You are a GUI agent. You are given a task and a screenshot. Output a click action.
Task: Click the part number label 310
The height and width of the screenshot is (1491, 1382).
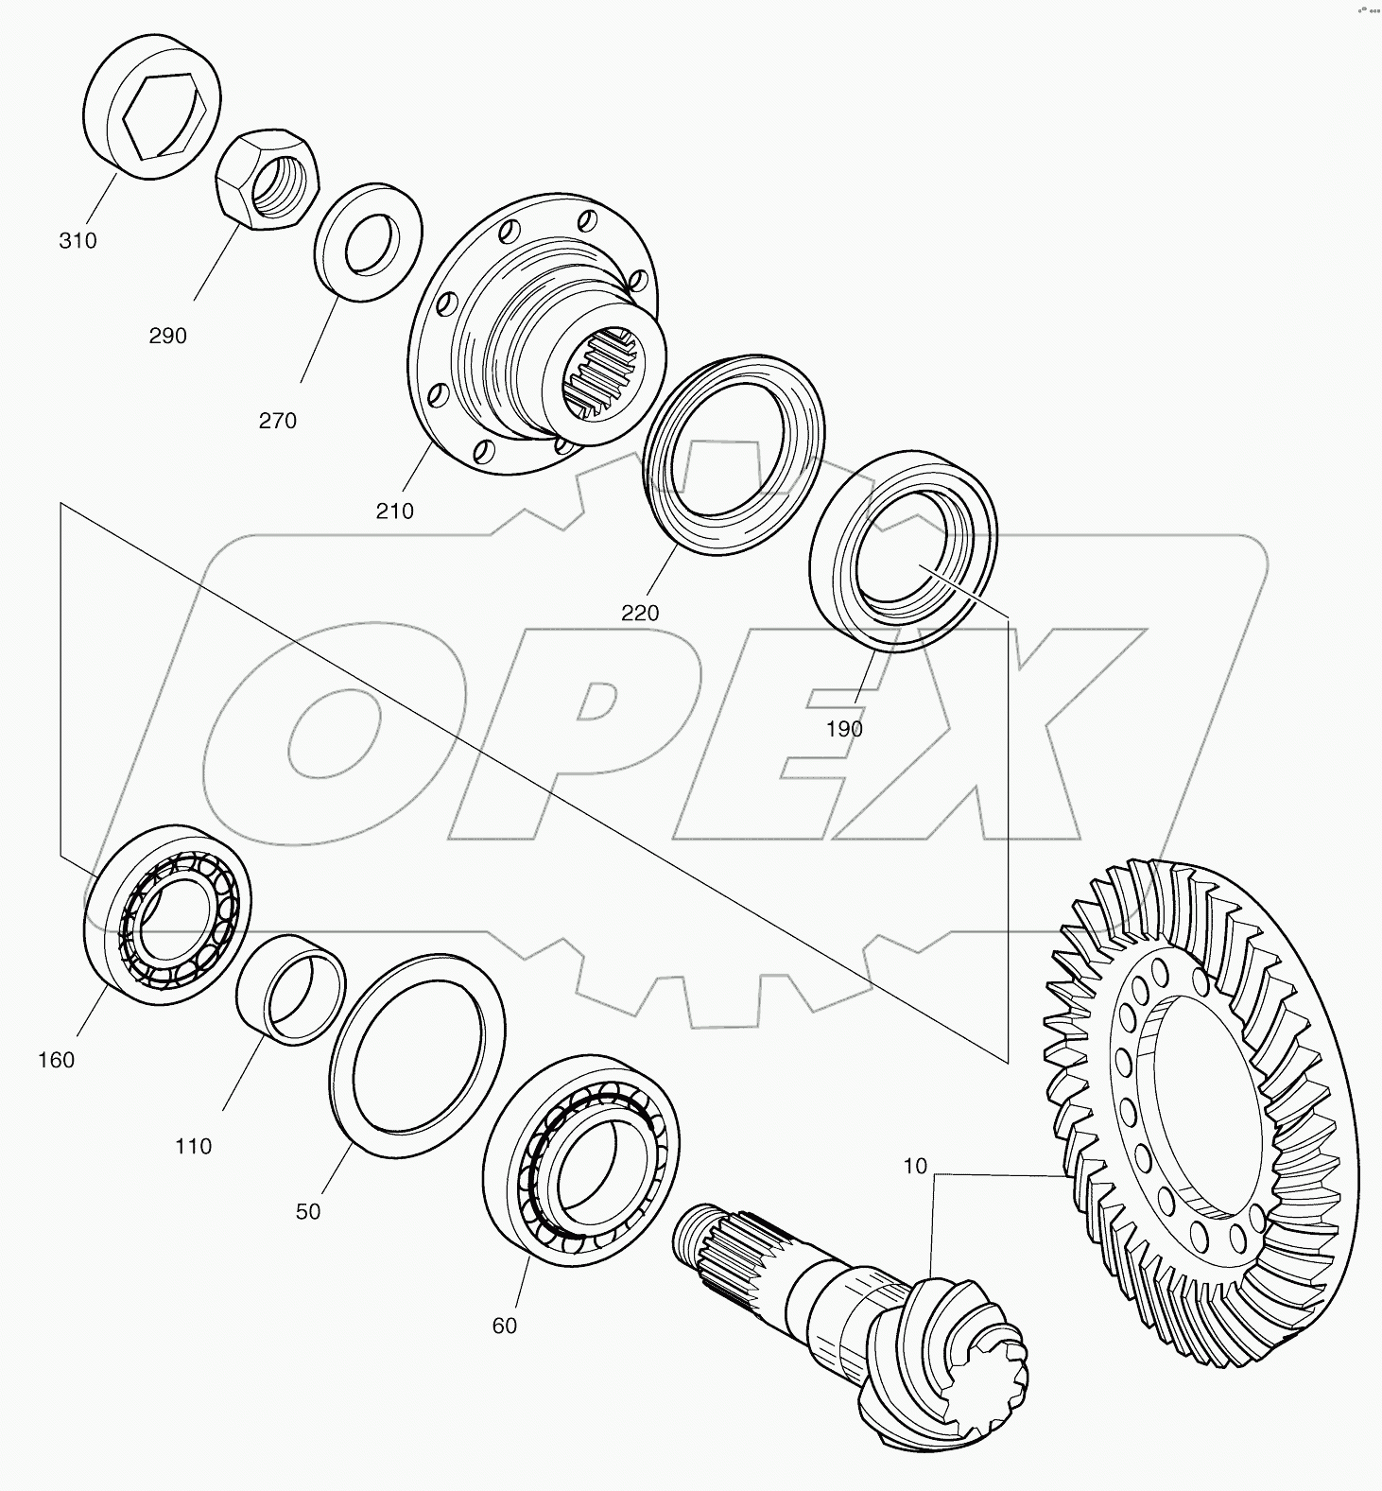click(x=78, y=241)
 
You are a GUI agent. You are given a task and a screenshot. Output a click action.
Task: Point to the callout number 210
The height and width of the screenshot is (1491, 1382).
click(x=395, y=511)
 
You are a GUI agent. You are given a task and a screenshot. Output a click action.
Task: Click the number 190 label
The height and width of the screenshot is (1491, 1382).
click(x=844, y=729)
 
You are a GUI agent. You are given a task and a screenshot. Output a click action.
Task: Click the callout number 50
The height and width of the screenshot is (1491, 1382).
click(x=308, y=1211)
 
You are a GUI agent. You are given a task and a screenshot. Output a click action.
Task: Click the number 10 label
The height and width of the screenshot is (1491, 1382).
click(x=915, y=1166)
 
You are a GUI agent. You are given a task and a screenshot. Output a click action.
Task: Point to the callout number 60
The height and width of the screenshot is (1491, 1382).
click(x=505, y=1326)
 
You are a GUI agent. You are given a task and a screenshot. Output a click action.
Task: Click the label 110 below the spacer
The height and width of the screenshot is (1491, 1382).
click(x=193, y=1146)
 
